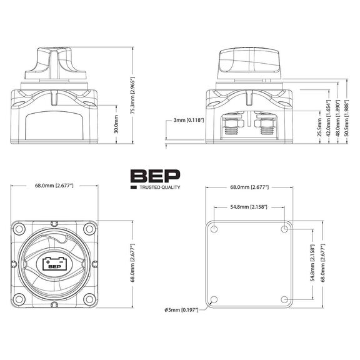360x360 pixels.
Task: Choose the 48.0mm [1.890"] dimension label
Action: pyautogui.click(x=337, y=114)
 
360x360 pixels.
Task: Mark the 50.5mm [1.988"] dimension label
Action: pyautogui.click(x=346, y=112)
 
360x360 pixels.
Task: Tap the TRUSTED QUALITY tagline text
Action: pyautogui.click(x=159, y=187)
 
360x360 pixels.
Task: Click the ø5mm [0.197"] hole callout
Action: pyautogui.click(x=181, y=310)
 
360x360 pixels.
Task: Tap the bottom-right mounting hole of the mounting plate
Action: pyautogui.click(x=285, y=300)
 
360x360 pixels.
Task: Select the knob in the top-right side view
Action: pyautogui.click(x=249, y=62)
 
